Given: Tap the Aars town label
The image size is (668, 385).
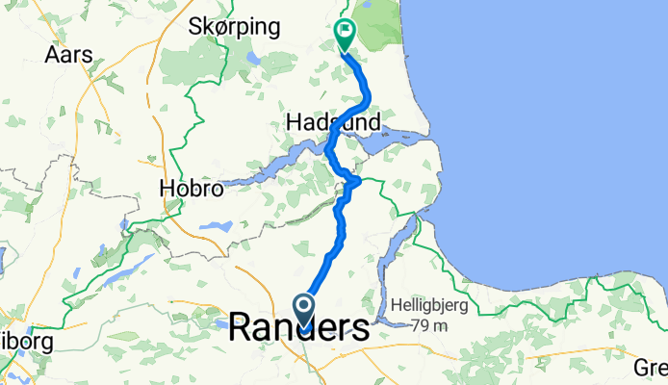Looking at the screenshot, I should tap(69, 55).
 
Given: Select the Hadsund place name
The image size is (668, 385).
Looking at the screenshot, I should tap(333, 121).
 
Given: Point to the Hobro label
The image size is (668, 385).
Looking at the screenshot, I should tap(191, 190).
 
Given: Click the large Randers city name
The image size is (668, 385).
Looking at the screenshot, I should tap(299, 328).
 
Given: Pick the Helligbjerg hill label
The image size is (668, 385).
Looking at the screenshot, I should tap(430, 306).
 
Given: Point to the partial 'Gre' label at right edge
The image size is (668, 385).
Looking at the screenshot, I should tap(652, 368).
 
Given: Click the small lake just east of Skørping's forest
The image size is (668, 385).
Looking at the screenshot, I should tap(252, 58).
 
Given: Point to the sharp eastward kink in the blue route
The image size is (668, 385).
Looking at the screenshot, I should tap(356, 180).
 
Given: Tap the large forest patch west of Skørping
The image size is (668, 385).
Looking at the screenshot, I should tap(178, 63).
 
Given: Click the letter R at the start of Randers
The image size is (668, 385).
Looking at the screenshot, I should tap(244, 328).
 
